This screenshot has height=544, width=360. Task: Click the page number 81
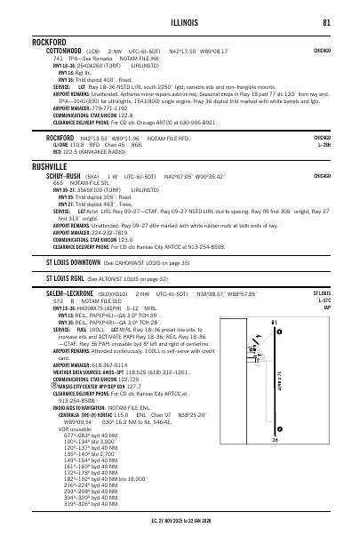pos(328,23)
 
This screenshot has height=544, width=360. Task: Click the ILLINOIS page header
pos(180,23)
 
